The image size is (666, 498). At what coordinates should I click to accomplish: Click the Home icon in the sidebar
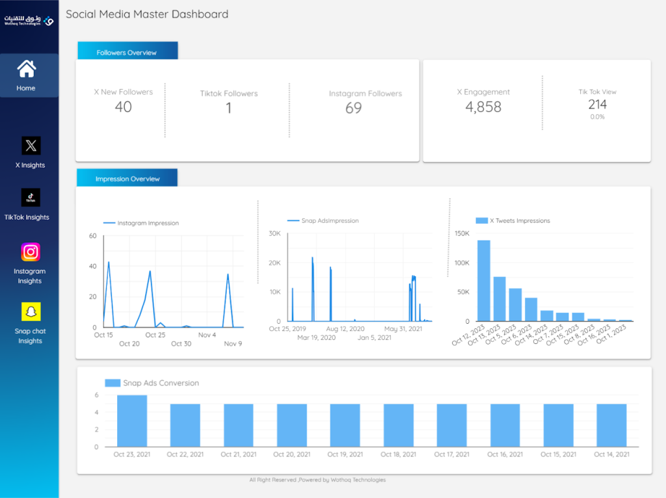tap(26, 69)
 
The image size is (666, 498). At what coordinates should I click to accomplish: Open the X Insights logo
tap(31, 146)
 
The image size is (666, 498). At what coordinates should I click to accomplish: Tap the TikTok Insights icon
tap(31, 198)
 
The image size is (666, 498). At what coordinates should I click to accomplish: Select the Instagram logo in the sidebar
tap(31, 252)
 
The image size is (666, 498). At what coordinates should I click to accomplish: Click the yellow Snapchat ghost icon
tap(31, 311)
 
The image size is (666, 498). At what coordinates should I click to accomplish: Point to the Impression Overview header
tap(127, 178)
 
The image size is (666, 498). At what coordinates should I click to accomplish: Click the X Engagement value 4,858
tap(483, 107)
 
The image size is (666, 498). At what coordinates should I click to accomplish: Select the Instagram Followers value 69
tap(353, 108)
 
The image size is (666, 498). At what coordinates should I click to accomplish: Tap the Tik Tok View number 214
tap(597, 104)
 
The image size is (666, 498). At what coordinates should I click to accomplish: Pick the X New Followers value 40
tap(123, 107)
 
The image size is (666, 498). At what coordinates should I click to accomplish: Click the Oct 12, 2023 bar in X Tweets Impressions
tap(484, 281)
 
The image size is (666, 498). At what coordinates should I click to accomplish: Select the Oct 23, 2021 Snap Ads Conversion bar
tap(132, 421)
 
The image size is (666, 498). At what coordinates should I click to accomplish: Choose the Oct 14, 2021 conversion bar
tap(611, 425)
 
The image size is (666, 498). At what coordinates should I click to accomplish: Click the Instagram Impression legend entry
tap(141, 223)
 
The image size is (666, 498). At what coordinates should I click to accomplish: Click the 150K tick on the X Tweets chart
tap(462, 233)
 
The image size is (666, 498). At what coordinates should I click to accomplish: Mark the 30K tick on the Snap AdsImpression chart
tap(274, 233)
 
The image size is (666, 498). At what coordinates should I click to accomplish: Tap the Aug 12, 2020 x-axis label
tap(345, 328)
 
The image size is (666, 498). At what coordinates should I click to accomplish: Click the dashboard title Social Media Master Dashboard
tap(147, 14)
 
